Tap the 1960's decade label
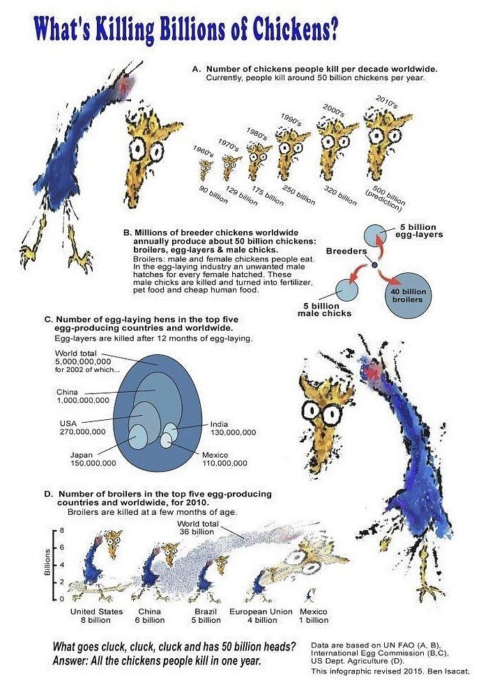click(x=203, y=152)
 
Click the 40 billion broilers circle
click(x=406, y=296)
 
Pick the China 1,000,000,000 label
click(x=82, y=396)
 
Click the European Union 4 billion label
click(x=261, y=616)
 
